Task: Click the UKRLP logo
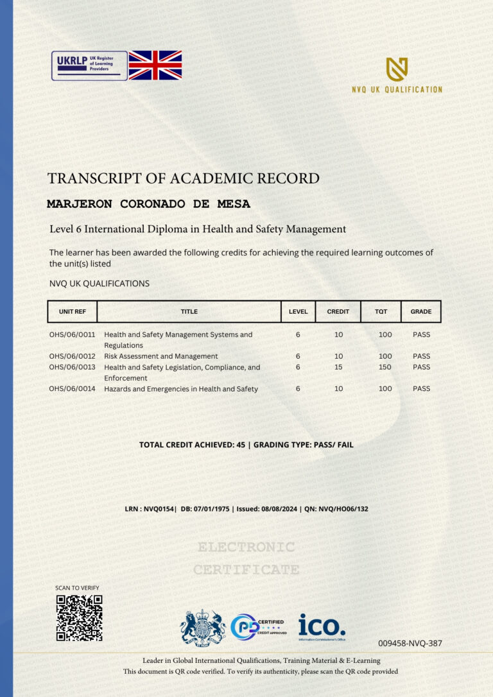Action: (89, 65)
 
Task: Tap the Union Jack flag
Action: (155, 65)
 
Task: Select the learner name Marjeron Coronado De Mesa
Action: (148, 204)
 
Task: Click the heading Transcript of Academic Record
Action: (183, 178)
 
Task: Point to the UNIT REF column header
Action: (72, 311)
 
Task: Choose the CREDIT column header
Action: (338, 311)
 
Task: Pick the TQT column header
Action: (381, 311)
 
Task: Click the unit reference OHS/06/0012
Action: (72, 356)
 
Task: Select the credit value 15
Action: (338, 367)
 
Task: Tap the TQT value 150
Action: (385, 367)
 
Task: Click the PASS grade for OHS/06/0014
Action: (421, 389)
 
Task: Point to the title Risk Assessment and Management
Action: (160, 356)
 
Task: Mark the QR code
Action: (79, 617)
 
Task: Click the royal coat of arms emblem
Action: (203, 627)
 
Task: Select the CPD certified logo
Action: (257, 627)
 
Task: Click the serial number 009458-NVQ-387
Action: (410, 643)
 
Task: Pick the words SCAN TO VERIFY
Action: (77, 588)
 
